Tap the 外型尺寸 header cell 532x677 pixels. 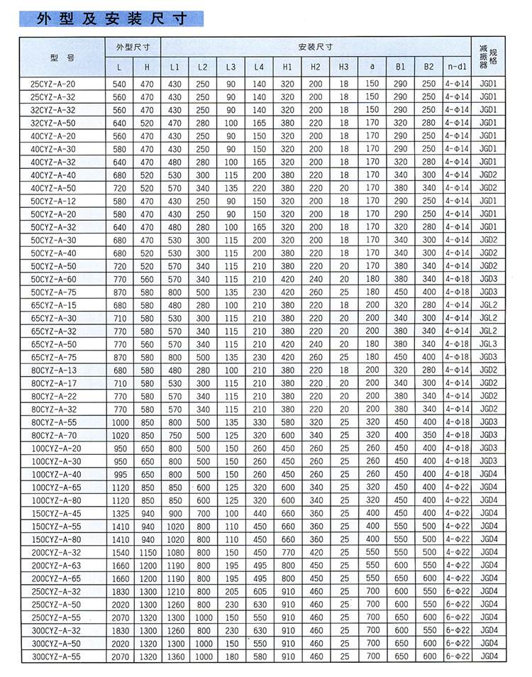(133, 47)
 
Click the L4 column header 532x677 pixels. (259, 67)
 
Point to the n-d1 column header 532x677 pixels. (458, 67)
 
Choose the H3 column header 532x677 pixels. (344, 67)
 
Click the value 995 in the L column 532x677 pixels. (119, 474)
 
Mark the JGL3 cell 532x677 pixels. (489, 343)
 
